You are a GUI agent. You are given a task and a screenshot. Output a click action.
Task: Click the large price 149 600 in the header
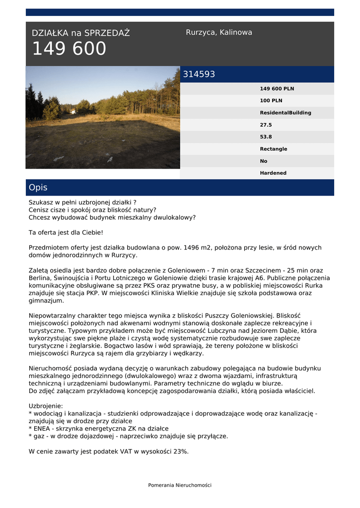pyautogui.click(x=69, y=49)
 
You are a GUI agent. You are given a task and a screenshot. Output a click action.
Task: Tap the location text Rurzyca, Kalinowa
pyautogui.click(x=219, y=32)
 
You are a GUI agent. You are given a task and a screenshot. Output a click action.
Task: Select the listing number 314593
pyautogui.click(x=199, y=74)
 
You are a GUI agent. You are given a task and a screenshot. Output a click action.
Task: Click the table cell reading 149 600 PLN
pyautogui.click(x=277, y=89)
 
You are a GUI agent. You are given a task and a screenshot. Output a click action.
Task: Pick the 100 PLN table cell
pyautogui.click(x=271, y=101)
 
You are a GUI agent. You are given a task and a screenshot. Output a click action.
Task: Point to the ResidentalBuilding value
pyautogui.click(x=286, y=113)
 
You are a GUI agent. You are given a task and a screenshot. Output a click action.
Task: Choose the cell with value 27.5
pyautogui.click(x=266, y=125)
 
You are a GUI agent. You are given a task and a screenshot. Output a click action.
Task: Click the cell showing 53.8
pyautogui.click(x=266, y=137)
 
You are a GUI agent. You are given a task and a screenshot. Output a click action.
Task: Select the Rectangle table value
pyautogui.click(x=273, y=149)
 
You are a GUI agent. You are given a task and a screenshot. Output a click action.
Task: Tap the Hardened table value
pyautogui.click(x=273, y=173)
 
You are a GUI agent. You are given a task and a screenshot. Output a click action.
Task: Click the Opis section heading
pyautogui.click(x=38, y=188)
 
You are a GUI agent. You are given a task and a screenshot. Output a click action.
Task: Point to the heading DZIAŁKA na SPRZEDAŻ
pyautogui.click(x=80, y=33)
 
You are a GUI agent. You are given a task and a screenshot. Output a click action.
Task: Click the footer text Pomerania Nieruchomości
pyautogui.click(x=180, y=485)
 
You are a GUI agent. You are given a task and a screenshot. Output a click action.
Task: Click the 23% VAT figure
pyautogui.click(x=180, y=451)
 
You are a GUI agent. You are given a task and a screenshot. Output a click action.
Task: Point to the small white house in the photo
pyautogui.click(x=72, y=112)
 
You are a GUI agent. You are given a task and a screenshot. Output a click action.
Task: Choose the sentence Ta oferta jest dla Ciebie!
pyautogui.click(x=66, y=232)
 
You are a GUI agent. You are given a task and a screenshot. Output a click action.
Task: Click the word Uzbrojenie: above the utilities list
pyautogui.click(x=46, y=406)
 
